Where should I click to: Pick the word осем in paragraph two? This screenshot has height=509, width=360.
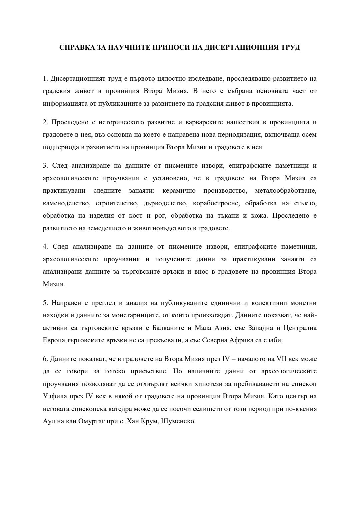point(310,135)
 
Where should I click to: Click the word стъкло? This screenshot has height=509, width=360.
point(306,203)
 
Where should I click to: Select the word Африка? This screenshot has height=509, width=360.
point(256,340)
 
